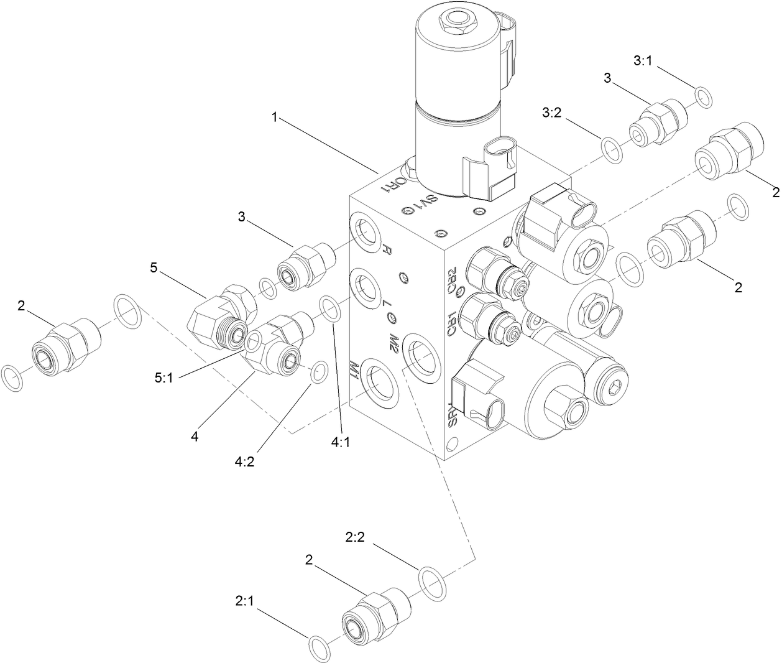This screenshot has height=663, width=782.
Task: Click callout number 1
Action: pos(274,116)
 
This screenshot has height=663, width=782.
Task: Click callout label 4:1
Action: pos(341,442)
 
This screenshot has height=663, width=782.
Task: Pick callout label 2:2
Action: pos(355,535)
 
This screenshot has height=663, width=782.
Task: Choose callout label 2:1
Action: pos(246,601)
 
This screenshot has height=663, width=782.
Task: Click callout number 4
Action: pos(195,437)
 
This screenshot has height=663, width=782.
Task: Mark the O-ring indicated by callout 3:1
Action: pos(704,98)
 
